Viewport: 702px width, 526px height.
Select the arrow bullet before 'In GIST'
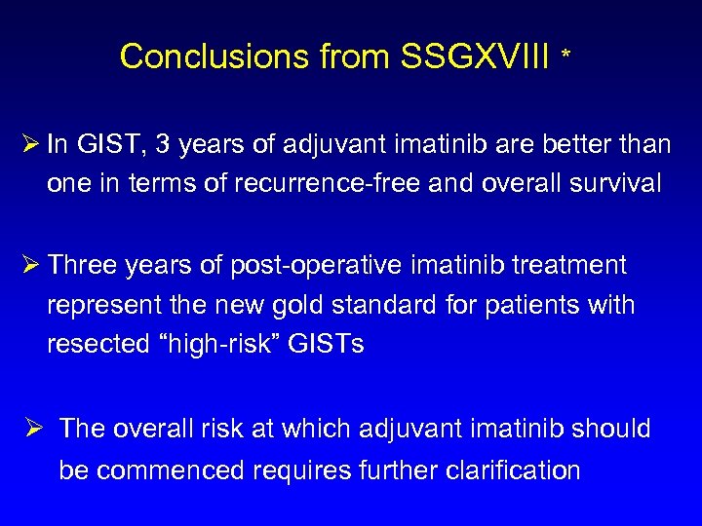pyautogui.click(x=27, y=146)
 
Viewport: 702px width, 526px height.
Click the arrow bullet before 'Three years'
pyautogui.click(x=27, y=265)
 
